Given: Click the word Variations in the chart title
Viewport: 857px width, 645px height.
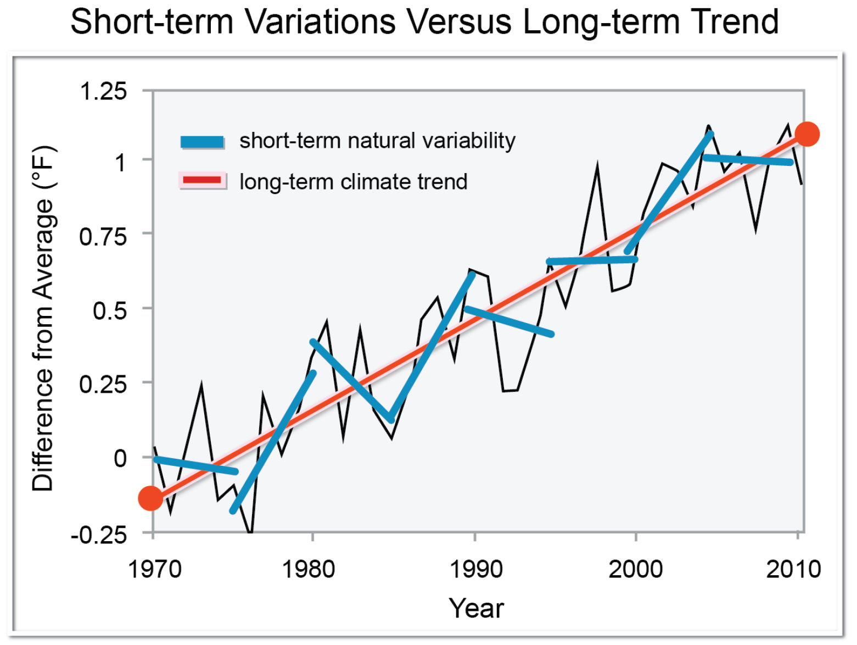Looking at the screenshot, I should click(x=320, y=22).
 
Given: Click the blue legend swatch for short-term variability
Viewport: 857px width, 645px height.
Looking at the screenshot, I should click(x=203, y=142).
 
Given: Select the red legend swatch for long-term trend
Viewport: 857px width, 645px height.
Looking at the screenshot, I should click(x=203, y=180).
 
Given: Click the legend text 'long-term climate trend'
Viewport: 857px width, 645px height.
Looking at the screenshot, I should click(x=353, y=182).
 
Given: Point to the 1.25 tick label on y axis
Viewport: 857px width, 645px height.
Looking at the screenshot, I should click(x=103, y=91).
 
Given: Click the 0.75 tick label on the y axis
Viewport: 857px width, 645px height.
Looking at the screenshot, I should click(x=103, y=237).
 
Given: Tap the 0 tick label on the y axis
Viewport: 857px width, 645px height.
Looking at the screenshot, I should click(x=120, y=458).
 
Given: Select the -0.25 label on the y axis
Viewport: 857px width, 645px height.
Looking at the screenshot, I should click(x=99, y=534).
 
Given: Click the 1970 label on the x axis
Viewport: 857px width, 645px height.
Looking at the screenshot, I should click(x=154, y=569).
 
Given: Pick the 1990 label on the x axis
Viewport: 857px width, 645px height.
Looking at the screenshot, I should click(x=475, y=569).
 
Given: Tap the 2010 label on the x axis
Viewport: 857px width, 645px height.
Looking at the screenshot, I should click(x=793, y=569).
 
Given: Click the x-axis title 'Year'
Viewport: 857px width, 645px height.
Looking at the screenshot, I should click(x=476, y=608).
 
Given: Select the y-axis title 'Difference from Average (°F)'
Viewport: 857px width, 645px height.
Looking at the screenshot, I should click(x=43, y=319).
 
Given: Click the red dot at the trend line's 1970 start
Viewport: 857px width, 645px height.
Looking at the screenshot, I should click(x=151, y=498).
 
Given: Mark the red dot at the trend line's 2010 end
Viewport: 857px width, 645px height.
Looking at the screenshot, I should click(x=807, y=134).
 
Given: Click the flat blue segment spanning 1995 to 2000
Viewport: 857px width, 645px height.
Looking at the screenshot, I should click(x=592, y=260).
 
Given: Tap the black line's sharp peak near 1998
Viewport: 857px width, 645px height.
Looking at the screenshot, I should click(x=597, y=166).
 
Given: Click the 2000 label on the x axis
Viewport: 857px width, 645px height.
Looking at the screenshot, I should click(x=635, y=569).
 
